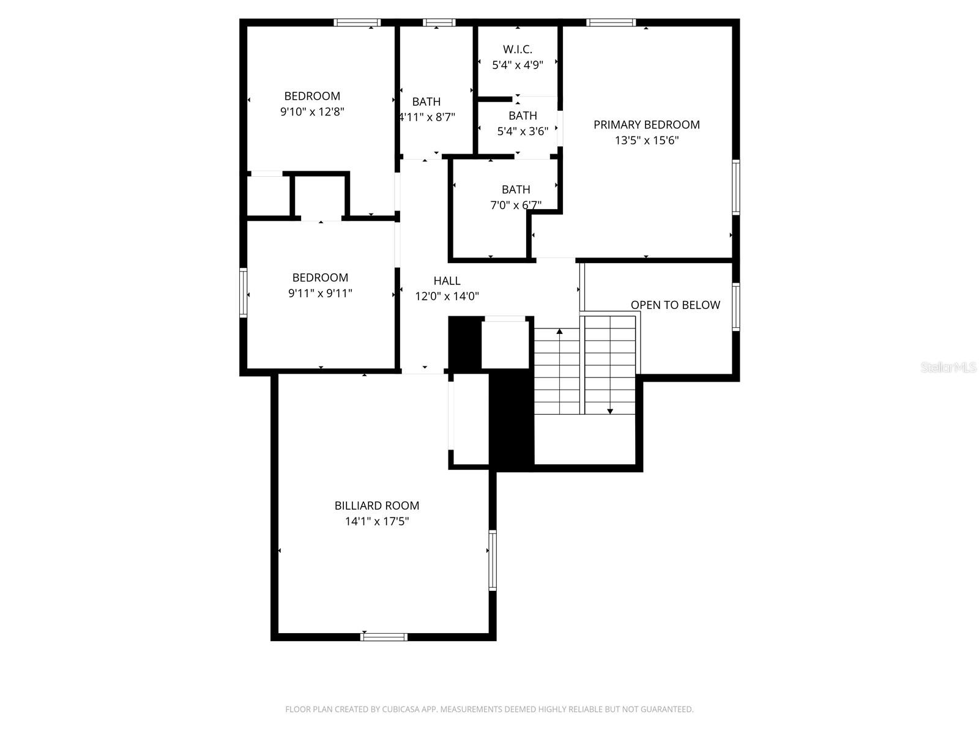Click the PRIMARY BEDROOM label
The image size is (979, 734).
pyautogui.click(x=646, y=125)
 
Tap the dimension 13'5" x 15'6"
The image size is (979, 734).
pyautogui.click(x=646, y=141)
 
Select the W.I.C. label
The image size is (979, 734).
pyautogui.click(x=517, y=50)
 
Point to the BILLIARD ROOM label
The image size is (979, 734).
pyautogui.click(x=376, y=506)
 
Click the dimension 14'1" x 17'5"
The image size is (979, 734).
pyautogui.click(x=376, y=522)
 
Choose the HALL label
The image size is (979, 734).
pyautogui.click(x=447, y=281)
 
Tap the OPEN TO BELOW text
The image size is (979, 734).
pyautogui.click(x=675, y=305)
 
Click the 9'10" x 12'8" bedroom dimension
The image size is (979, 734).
pyautogui.click(x=312, y=112)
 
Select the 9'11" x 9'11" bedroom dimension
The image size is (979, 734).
pyautogui.click(x=320, y=294)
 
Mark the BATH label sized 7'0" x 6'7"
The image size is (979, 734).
pyautogui.click(x=516, y=190)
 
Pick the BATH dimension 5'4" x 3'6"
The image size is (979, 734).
pyautogui.click(x=523, y=131)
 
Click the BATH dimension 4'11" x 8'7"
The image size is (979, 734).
pyautogui.click(x=426, y=117)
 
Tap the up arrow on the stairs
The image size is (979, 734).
pyautogui.click(x=559, y=332)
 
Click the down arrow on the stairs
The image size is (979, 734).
pyautogui.click(x=609, y=411)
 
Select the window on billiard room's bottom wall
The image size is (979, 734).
pyautogui.click(x=384, y=637)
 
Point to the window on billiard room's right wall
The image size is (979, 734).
pyautogui.click(x=492, y=560)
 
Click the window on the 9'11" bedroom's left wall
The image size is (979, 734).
pyautogui.click(x=243, y=293)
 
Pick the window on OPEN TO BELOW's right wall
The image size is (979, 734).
pyautogui.click(x=735, y=307)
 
